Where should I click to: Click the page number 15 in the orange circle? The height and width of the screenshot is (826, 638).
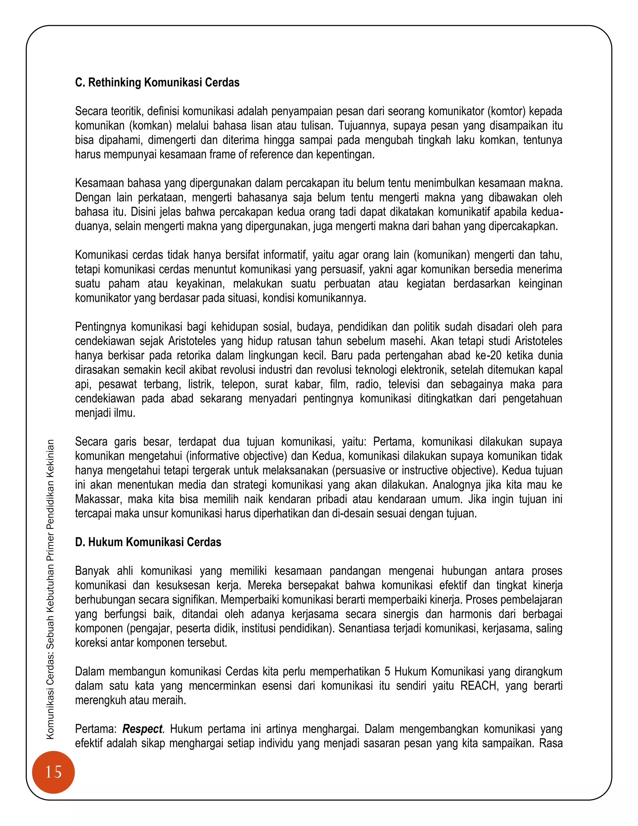click(x=53, y=772)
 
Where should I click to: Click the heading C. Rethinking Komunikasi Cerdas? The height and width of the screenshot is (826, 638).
click(x=157, y=83)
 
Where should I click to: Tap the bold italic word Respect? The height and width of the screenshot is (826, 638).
click(x=142, y=729)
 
